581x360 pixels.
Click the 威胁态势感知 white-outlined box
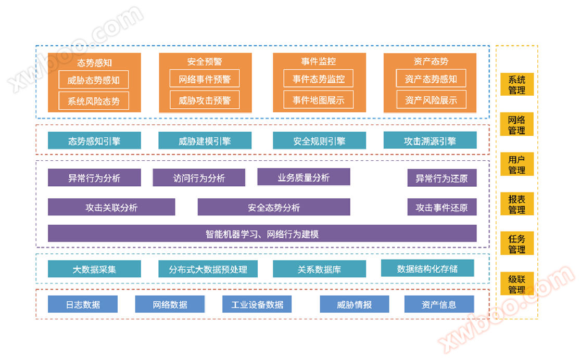click(94, 80)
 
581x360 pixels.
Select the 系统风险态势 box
click(94, 101)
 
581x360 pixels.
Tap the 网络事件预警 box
click(205, 79)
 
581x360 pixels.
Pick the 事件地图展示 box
click(318, 100)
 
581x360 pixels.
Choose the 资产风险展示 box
click(431, 100)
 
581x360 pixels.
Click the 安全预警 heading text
click(205, 62)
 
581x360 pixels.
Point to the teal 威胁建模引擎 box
click(205, 141)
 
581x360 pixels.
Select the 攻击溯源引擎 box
click(430, 140)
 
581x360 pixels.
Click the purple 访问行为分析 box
click(199, 178)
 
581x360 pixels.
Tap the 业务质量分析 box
click(304, 177)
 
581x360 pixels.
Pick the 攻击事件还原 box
click(441, 207)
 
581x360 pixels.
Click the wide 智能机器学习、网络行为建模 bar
click(262, 234)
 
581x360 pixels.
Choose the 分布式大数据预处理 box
click(208, 269)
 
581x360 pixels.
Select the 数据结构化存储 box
click(427, 268)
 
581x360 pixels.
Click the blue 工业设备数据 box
click(257, 304)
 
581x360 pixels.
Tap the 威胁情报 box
click(355, 304)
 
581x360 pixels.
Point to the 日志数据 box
click(83, 304)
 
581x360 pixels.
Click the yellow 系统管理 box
click(517, 85)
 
